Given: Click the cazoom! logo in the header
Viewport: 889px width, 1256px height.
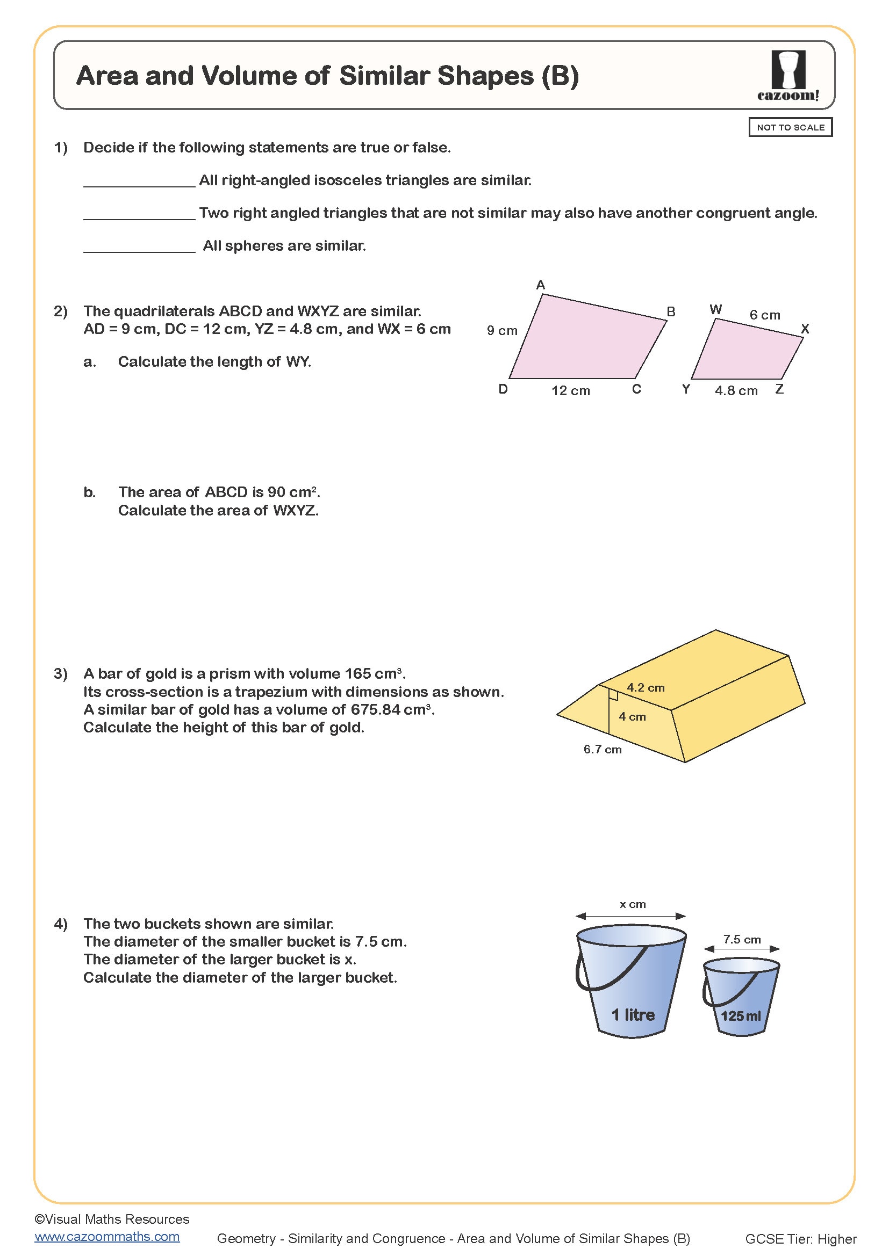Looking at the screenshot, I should coord(788,76).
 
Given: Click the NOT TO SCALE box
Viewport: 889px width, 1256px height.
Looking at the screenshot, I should coord(790,127).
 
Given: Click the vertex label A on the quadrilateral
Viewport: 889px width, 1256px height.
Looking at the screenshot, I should coord(540,285).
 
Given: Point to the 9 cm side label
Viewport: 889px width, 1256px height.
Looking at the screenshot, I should coord(502,330).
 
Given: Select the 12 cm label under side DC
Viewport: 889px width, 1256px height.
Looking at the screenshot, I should coord(570,390).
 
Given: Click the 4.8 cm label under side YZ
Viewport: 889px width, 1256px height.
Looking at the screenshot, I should coord(736,390).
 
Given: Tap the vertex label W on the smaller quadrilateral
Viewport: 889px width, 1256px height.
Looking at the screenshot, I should coord(715,310).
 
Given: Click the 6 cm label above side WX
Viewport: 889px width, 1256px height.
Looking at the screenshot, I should coord(765,315).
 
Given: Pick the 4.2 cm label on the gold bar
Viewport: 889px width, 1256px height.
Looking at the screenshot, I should coord(646,688).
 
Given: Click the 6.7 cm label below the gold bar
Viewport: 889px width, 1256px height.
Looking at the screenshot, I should coord(602,750).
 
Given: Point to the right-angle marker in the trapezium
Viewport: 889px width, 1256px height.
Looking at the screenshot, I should coord(614,695).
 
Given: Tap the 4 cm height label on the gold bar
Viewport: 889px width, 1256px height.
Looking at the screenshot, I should coord(632,717).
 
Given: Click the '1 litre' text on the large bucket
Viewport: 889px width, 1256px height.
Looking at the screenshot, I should coord(633,1015).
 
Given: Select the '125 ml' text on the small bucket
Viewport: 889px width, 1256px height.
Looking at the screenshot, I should coord(741,1017).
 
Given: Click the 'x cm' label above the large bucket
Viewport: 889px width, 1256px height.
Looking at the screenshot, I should coord(632,904).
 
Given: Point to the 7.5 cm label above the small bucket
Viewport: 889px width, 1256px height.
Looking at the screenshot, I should coord(742,939).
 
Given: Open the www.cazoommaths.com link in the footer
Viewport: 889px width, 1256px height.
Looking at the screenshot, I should coord(107,1236).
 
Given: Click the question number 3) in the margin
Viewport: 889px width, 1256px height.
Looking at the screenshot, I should coord(60,673).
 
